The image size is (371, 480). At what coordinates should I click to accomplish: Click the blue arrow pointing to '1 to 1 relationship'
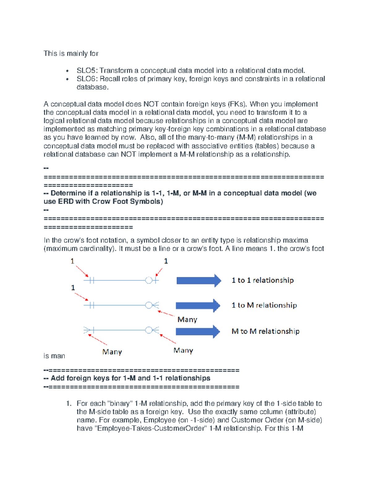coord(198,281)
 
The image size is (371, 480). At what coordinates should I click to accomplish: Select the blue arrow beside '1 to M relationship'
coord(198,306)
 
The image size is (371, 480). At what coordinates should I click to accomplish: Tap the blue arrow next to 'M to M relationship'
coord(198,332)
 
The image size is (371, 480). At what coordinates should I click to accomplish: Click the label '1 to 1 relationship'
coord(262,280)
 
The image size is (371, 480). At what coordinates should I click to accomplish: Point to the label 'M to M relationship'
coord(265,331)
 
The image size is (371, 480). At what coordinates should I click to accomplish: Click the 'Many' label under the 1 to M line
coord(187,320)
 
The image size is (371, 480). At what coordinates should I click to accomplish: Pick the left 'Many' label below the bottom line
coord(112,352)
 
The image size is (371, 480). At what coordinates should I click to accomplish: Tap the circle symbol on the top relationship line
coord(149,280)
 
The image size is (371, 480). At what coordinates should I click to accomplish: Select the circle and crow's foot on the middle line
coord(151,305)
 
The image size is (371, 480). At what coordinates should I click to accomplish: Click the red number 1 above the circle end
coord(166,261)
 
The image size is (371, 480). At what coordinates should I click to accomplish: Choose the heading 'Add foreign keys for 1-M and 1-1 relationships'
coord(130,378)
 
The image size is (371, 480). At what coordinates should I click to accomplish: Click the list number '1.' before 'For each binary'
coord(69,404)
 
